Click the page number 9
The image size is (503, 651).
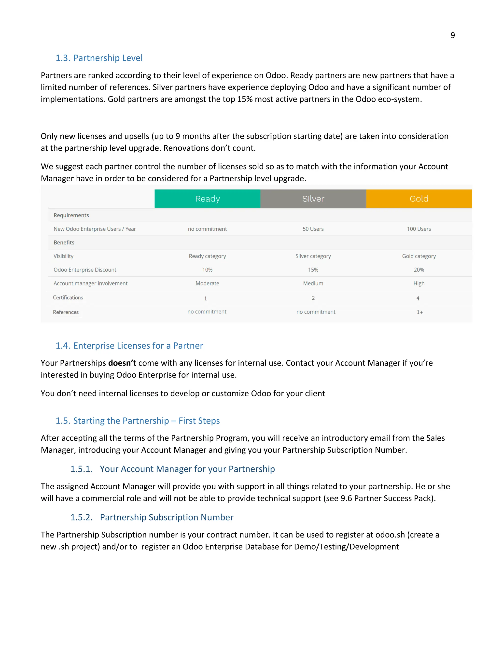[452, 35]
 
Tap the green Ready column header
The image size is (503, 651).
[207, 198]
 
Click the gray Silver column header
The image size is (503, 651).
[313, 198]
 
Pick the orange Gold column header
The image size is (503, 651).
[419, 198]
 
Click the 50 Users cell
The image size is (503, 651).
[313, 229]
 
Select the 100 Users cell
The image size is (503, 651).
[419, 229]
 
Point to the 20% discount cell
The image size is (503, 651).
[419, 270]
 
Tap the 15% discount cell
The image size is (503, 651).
[313, 270]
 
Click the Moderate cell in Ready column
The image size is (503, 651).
[207, 283]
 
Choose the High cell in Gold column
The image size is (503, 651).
[419, 283]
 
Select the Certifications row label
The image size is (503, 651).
[68, 297]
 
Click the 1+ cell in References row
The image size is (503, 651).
[419, 312]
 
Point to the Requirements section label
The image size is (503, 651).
[71, 215]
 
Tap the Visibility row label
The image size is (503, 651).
[63, 256]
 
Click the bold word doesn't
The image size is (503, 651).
[122, 363]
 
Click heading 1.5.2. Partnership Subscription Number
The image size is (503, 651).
[152, 517]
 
